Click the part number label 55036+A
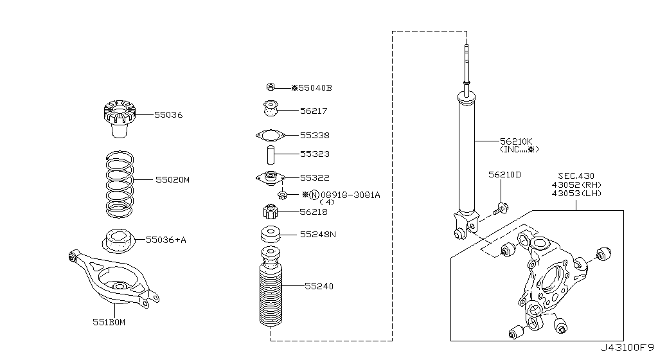(166, 240)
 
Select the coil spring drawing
(120, 184)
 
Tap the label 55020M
(172, 180)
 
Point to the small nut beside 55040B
(271, 87)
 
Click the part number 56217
(314, 111)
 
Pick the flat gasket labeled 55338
(271, 135)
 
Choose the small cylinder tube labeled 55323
(271, 155)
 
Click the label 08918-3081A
(350, 195)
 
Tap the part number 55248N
(317, 235)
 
